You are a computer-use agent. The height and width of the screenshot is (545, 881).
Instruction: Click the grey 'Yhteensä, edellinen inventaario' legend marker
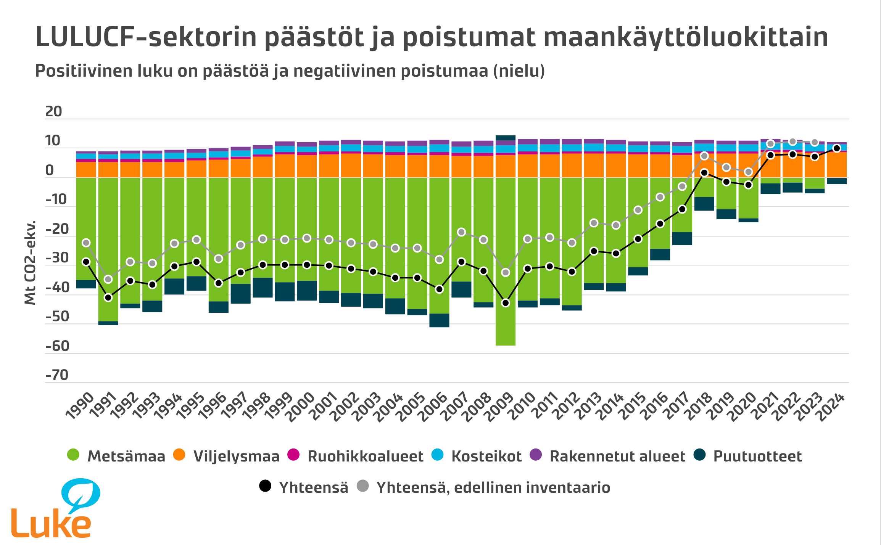click(x=363, y=486)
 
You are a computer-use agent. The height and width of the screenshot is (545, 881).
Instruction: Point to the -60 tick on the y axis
click(x=57, y=346)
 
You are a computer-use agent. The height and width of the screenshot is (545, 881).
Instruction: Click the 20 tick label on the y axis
click(x=53, y=112)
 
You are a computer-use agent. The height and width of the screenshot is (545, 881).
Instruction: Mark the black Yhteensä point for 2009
click(x=506, y=303)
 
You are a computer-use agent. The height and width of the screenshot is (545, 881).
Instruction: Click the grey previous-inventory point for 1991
click(x=108, y=280)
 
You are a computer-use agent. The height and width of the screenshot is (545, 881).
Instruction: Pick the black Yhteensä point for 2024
click(x=836, y=148)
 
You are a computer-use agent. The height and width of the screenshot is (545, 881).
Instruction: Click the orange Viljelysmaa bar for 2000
click(x=307, y=166)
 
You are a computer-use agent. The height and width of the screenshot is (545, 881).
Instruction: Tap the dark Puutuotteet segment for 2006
click(x=439, y=320)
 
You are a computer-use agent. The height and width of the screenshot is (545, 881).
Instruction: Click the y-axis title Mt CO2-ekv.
click(x=30, y=262)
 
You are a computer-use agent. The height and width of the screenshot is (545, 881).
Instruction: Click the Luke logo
click(x=53, y=509)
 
